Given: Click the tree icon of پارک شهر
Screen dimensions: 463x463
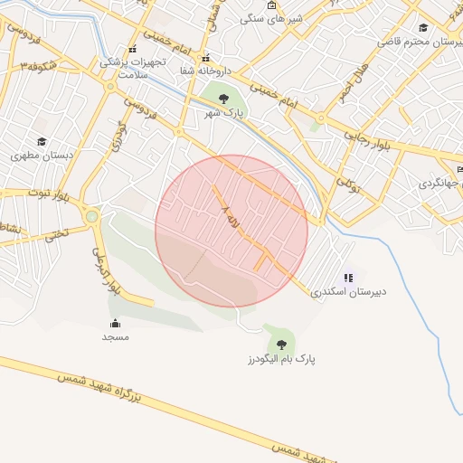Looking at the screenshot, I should (x=223, y=98).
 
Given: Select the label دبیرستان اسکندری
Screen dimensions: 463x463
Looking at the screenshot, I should (x=348, y=292).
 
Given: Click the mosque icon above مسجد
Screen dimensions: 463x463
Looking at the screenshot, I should (x=115, y=323).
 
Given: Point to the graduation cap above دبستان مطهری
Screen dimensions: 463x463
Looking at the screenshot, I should (x=42, y=141).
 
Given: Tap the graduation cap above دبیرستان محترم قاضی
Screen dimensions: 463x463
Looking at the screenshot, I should (x=423, y=27).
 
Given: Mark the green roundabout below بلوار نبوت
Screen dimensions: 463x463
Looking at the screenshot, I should (x=91, y=216).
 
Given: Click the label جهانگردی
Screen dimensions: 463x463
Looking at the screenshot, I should (x=440, y=183).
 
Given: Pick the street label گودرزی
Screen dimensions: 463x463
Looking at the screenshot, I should (x=118, y=135).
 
